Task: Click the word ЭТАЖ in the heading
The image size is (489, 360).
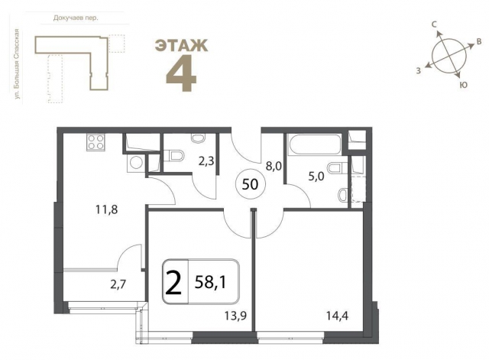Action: [181, 45]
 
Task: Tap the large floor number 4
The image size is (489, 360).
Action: [181, 73]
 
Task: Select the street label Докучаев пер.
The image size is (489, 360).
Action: [76, 18]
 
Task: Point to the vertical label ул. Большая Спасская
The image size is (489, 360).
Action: [17, 64]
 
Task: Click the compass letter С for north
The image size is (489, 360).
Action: [433, 24]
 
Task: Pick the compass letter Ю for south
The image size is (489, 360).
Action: [464, 85]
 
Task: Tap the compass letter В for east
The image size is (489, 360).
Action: [479, 43]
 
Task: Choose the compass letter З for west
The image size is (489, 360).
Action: [419, 70]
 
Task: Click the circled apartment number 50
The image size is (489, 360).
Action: [251, 184]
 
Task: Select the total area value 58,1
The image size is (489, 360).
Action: [210, 282]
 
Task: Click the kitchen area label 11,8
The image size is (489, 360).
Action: [107, 209]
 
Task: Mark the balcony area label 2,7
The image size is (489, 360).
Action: [118, 284]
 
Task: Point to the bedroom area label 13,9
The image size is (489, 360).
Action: [236, 316]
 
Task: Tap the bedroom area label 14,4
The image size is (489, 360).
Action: [338, 316]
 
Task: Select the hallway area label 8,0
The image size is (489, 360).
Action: [274, 167]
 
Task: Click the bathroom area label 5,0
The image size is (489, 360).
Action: [316, 177]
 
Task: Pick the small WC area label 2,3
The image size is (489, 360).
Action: [206, 161]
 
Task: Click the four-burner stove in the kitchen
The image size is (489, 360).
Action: [96, 142]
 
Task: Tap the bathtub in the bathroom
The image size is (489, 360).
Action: [315, 144]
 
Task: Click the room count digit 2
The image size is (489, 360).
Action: [173, 283]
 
